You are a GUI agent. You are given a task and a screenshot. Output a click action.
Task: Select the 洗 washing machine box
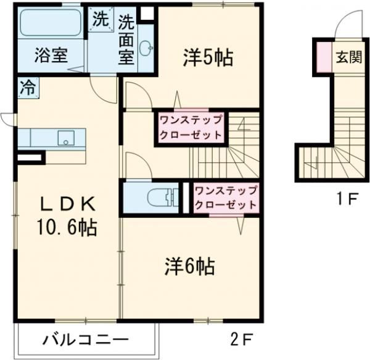pyautogui.click(x=99, y=19)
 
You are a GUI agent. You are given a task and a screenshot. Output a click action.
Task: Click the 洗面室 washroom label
pyautogui.click(x=126, y=40)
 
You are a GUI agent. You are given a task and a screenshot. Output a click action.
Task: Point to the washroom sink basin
pyautogui.click(x=146, y=49)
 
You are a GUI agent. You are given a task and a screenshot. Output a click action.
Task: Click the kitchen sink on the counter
pyautogui.click(x=66, y=138)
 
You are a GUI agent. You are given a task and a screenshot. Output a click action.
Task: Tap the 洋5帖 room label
pyautogui.click(x=207, y=57)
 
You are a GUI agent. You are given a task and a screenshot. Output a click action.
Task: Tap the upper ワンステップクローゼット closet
pyautogui.click(x=191, y=127)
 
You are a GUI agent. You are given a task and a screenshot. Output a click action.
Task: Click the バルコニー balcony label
pyautogui.click(x=86, y=340)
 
